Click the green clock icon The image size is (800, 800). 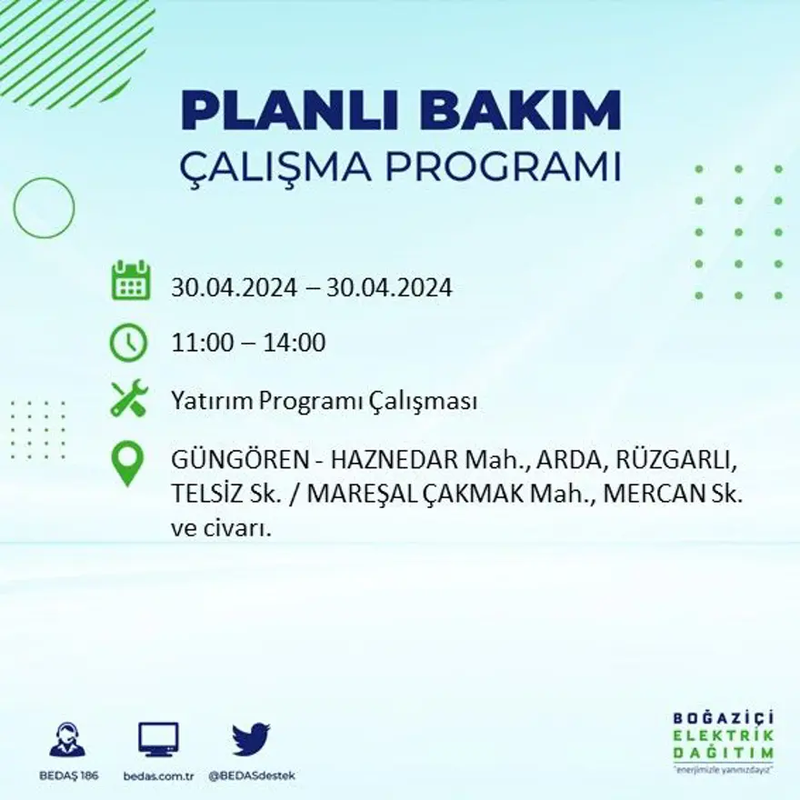click(x=128, y=343)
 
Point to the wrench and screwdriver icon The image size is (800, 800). click(x=128, y=400)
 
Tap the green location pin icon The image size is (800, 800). click(x=128, y=462)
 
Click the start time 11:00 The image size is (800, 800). click(x=199, y=344)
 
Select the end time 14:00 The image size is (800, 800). click(x=295, y=344)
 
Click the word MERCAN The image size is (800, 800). click(x=655, y=494)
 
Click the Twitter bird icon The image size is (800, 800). click(x=251, y=738)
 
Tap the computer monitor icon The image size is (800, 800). click(x=158, y=738)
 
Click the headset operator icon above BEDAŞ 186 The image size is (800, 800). click(x=67, y=739)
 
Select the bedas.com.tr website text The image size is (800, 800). click(x=159, y=775)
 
